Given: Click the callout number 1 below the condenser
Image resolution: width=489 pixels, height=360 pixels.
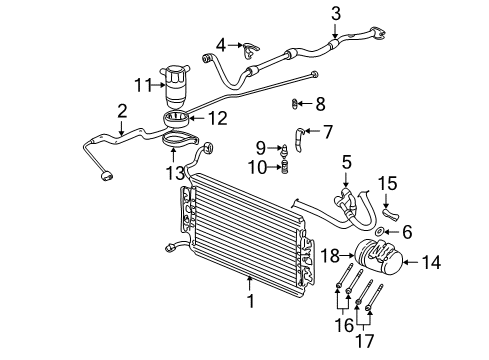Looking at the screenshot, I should [x=251, y=296].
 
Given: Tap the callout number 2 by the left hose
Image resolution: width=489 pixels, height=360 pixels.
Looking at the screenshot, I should [x=121, y=111].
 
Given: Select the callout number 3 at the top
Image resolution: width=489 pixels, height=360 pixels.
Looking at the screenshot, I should [x=336, y=13].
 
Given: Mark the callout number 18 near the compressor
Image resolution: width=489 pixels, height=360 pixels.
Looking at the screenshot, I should [x=329, y=257].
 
